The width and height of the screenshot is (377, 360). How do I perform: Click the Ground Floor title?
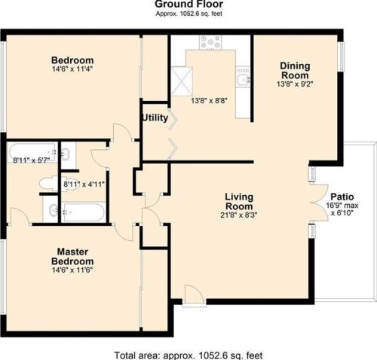point(188,4)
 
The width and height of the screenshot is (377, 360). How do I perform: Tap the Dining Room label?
point(295,71)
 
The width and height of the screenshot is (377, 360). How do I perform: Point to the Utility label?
point(155,117)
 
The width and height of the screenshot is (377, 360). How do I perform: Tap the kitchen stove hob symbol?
point(210,42)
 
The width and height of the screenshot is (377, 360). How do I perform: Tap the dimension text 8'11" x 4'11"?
point(84,183)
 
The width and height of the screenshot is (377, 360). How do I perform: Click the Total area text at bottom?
point(188,354)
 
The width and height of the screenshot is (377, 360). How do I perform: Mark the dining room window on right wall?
point(341,56)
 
